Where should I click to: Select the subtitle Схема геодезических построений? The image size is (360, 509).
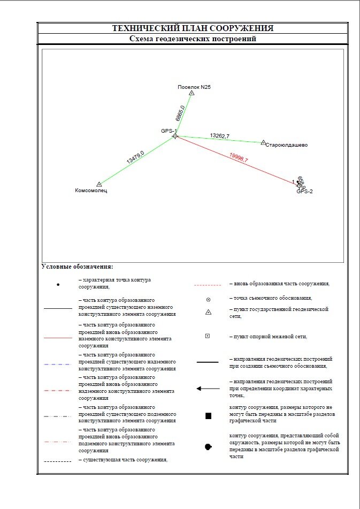pyautogui.click(x=193, y=39)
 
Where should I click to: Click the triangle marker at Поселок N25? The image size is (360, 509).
pyautogui.click(x=192, y=93)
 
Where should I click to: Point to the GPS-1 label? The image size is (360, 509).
pyautogui.click(x=168, y=131)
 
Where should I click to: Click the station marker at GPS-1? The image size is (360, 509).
pyautogui.click(x=175, y=136)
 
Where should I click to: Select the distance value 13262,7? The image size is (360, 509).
pyautogui.click(x=219, y=136)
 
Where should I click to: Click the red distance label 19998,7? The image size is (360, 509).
pyautogui.click(x=239, y=157)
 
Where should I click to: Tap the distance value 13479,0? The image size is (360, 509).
pyautogui.click(x=135, y=157)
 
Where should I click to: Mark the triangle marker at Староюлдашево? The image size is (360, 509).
pyautogui.click(x=263, y=142)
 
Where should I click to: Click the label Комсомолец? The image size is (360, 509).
pyautogui.click(x=91, y=191)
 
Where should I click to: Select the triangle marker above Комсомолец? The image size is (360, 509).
pyautogui.click(x=99, y=184)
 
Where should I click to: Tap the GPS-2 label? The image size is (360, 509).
pyautogui.click(x=304, y=191)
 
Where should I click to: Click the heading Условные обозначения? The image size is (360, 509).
pyautogui.click(x=77, y=267)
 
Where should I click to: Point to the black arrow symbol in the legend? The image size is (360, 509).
pyautogui.click(x=208, y=389)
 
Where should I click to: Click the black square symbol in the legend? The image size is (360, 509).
pyautogui.click(x=208, y=416)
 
